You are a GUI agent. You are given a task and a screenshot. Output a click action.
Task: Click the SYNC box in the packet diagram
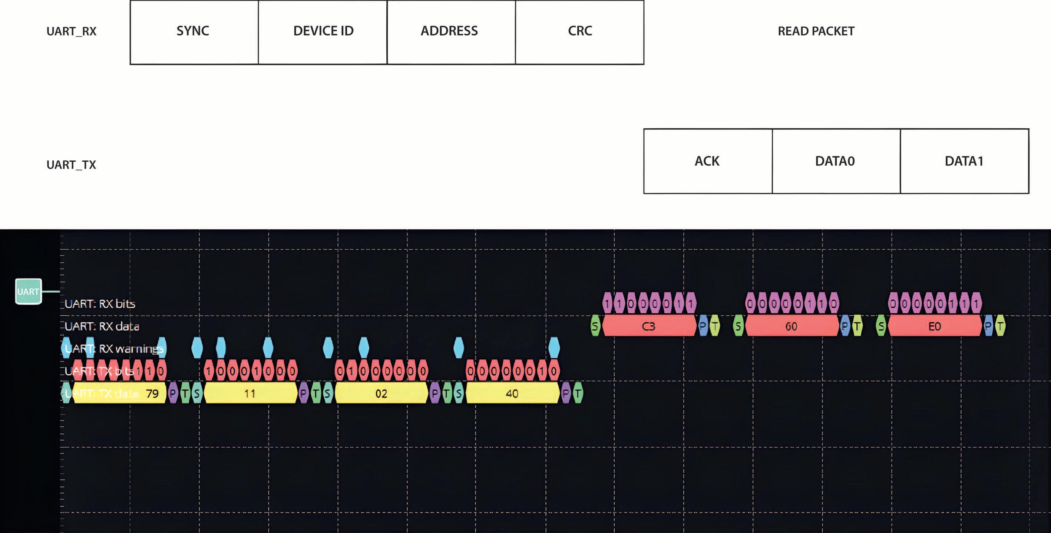click(194, 32)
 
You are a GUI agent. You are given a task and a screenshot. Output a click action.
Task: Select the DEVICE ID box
click(323, 32)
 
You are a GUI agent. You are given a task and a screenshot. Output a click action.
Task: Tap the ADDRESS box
click(451, 32)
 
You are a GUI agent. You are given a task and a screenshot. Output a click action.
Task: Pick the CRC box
click(579, 32)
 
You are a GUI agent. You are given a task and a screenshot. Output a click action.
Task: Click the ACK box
click(708, 161)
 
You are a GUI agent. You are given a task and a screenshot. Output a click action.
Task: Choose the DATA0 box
click(836, 161)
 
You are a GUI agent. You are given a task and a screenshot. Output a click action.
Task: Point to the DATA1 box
click(965, 161)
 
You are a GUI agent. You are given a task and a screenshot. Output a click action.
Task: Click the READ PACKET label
click(816, 32)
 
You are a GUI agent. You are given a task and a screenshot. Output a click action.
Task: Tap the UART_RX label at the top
click(72, 32)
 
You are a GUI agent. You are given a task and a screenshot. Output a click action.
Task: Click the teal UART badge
click(28, 292)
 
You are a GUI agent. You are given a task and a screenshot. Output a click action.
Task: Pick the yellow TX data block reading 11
click(250, 394)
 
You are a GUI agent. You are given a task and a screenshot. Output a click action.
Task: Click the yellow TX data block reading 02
click(381, 394)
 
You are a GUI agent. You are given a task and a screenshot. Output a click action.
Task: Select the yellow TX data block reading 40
click(512, 394)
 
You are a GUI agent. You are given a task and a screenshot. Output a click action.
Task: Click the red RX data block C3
click(649, 326)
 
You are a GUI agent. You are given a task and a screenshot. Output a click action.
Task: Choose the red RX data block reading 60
click(791, 326)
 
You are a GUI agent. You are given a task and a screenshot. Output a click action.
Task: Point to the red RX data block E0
click(934, 326)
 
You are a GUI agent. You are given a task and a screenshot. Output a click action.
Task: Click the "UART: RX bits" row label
click(100, 304)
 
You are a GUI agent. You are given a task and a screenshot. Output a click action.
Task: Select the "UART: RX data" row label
click(102, 326)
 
